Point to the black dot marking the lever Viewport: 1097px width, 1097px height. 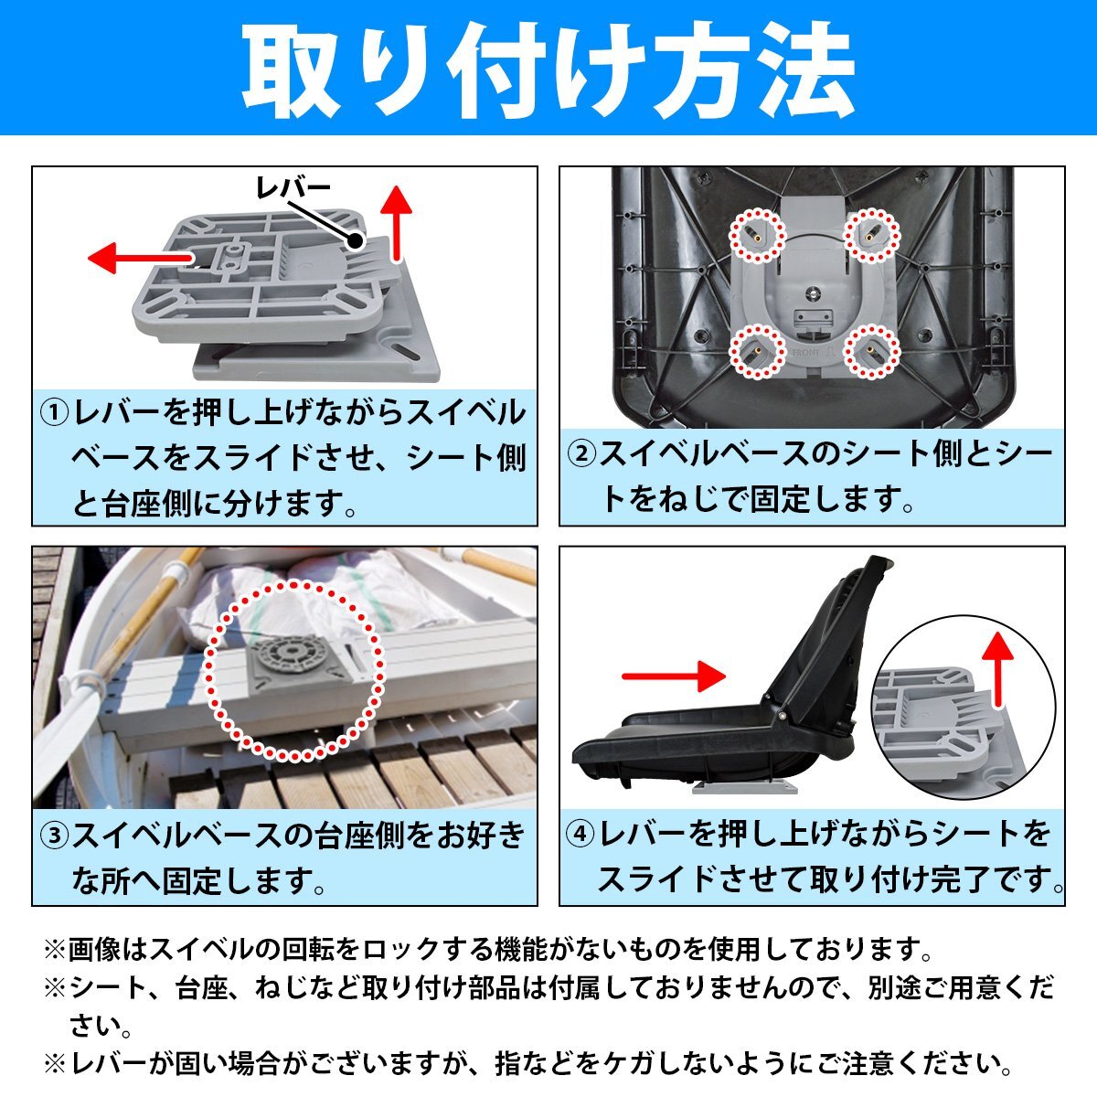[x=354, y=240]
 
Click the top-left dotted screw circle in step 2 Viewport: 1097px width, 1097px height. [x=757, y=235]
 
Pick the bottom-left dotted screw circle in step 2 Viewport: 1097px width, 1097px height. [x=757, y=351]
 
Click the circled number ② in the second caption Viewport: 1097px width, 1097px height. [x=582, y=453]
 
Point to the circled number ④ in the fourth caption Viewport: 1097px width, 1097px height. [x=582, y=834]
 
